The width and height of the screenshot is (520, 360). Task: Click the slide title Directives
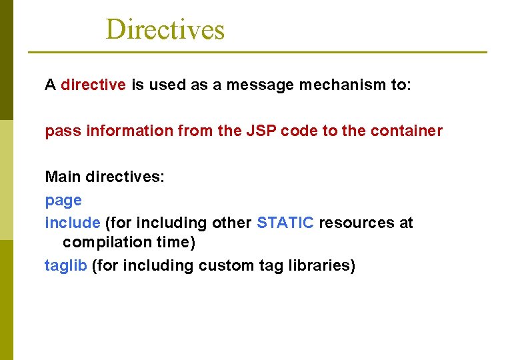point(165,29)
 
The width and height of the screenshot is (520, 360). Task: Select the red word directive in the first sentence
point(93,85)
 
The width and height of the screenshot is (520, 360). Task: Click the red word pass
point(60,131)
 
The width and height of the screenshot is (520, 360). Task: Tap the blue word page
point(63,201)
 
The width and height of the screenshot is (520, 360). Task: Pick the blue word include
point(73,223)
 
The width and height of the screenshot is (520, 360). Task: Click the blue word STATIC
point(285,223)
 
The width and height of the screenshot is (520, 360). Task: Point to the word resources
point(357,223)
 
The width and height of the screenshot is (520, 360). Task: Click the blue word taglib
point(65,266)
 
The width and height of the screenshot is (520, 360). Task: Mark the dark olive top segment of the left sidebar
point(6,60)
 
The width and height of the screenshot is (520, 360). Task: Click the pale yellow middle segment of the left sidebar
point(6,180)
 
